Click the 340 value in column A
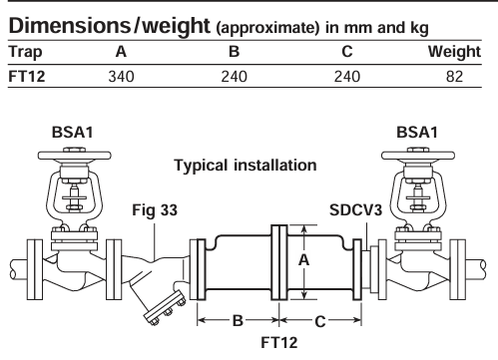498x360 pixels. [121, 77]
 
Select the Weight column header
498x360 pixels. [454, 52]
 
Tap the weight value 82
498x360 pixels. [454, 77]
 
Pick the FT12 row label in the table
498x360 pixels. [27, 77]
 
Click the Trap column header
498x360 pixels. [25, 52]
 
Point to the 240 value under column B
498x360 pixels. [235, 77]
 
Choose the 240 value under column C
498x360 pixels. [347, 77]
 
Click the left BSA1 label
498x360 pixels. [73, 133]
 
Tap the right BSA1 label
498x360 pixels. [417, 133]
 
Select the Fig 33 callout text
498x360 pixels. [155, 210]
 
